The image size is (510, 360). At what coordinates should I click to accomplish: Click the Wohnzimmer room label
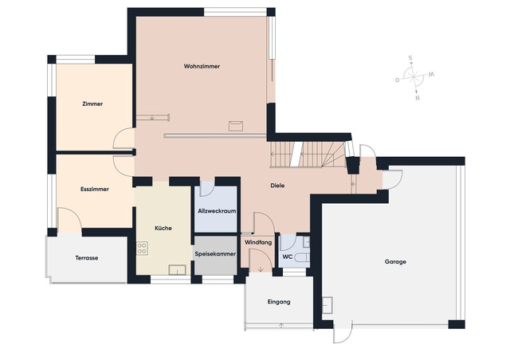(x=202, y=66)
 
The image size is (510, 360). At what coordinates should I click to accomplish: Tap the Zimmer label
(x=92, y=104)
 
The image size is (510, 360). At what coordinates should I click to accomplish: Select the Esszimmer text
(x=95, y=190)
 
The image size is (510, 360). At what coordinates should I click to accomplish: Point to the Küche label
(x=163, y=229)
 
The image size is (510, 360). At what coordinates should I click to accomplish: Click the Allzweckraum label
(x=217, y=211)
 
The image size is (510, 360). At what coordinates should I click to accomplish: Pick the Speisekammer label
(x=215, y=254)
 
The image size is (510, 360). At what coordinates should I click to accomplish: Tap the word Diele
(x=277, y=186)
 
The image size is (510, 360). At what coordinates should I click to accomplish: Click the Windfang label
(x=258, y=243)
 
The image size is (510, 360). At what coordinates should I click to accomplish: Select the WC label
(x=287, y=257)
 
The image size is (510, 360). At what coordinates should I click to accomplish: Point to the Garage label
(x=395, y=262)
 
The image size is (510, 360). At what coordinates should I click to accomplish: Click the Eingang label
(x=279, y=302)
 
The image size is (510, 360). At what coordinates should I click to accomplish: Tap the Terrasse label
(x=87, y=258)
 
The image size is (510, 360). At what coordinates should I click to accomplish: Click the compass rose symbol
(x=414, y=77)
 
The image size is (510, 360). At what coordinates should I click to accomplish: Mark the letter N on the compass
(x=418, y=98)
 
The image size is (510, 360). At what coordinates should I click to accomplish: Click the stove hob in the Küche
(x=142, y=248)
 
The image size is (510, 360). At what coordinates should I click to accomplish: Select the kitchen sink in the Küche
(x=177, y=270)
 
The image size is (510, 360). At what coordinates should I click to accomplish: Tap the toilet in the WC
(x=302, y=258)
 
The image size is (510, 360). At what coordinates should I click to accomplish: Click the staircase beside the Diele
(x=308, y=155)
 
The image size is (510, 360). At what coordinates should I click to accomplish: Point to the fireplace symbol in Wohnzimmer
(x=236, y=126)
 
